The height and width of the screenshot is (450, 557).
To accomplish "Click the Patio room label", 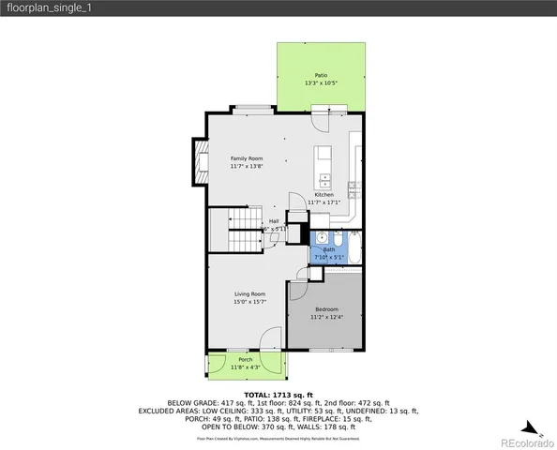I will (x=321, y=75).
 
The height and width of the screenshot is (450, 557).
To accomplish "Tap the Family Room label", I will (x=246, y=158).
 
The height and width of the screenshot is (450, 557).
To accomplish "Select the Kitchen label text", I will (x=324, y=195).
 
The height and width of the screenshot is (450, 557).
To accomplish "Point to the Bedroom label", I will (x=326, y=309).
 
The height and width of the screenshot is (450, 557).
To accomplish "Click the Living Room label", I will (x=249, y=294).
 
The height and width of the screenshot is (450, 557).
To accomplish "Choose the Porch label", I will (x=245, y=360).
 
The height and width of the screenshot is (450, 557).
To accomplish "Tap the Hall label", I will (x=274, y=221).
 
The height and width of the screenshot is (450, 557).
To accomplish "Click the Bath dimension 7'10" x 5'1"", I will (x=330, y=257).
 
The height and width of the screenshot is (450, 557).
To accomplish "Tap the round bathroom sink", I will (x=320, y=237).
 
